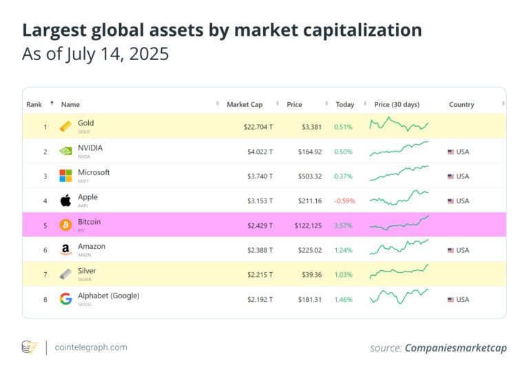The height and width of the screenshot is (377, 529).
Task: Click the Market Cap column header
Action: [x=245, y=105]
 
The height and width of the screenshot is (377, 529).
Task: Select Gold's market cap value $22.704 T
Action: [x=256, y=127]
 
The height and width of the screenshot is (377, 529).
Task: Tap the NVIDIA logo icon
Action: [x=65, y=152]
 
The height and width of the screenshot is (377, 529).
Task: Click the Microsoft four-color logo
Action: [x=65, y=176]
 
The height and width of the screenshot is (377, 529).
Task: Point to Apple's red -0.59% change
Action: [x=344, y=201]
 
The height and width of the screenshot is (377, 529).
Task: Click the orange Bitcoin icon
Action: [x=65, y=225]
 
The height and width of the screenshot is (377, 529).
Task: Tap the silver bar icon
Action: [x=65, y=274]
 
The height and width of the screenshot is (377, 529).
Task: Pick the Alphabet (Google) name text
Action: [x=108, y=296]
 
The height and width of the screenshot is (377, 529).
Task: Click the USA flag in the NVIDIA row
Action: [x=451, y=152]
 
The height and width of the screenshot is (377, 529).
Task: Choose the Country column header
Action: [x=461, y=105]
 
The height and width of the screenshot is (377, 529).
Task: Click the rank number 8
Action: [x=45, y=299]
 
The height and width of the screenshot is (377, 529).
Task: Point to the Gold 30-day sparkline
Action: [x=399, y=125]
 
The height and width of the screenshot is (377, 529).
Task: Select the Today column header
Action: [x=344, y=105]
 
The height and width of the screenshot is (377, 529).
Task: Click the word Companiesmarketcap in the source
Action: [x=455, y=348]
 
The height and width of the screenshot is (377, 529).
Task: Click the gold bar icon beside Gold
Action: [x=65, y=127]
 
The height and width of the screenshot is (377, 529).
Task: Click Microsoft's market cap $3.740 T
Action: [x=260, y=176]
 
